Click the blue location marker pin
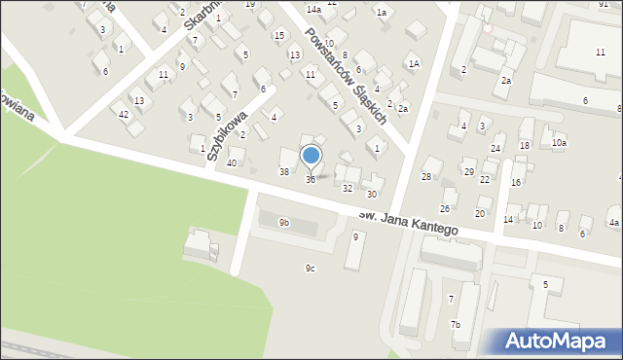311,155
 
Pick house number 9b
284,223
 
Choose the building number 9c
311,269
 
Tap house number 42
124,115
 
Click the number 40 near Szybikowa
231,162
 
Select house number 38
284,171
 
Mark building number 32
347,188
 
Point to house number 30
371,195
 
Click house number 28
425,176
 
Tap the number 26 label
445,208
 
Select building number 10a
558,143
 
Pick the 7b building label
455,324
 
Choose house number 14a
313,9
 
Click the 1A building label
414,63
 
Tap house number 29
468,171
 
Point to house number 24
495,148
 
